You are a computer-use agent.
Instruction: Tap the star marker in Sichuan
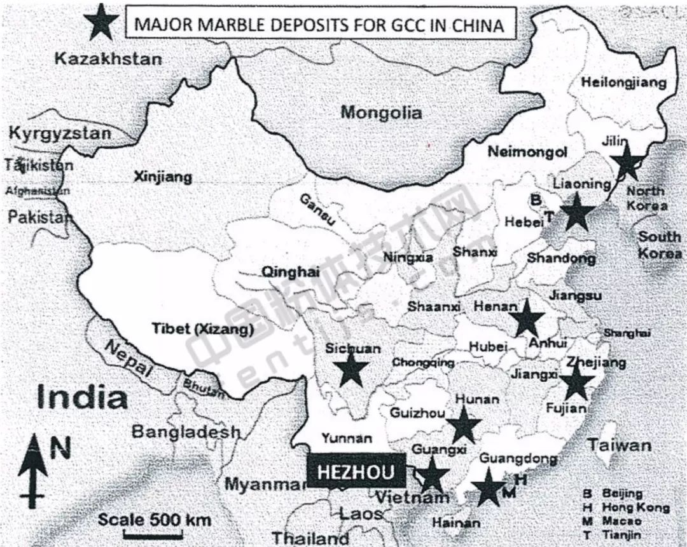pyautogui.click(x=350, y=369)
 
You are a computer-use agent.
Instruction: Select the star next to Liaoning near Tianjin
pyautogui.click(x=576, y=212)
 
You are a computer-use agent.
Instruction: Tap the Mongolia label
pyautogui.click(x=381, y=113)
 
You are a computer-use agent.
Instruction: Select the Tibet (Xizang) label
pyautogui.click(x=203, y=329)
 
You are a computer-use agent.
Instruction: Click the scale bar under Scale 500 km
pyautogui.click(x=144, y=536)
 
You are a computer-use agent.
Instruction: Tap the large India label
pyautogui.click(x=82, y=398)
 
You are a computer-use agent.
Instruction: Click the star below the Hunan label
pyautogui.click(x=464, y=425)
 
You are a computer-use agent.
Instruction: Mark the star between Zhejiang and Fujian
pyautogui.click(x=576, y=382)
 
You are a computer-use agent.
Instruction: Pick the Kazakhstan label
pyautogui.click(x=108, y=60)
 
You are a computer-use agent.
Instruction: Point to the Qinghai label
pyautogui.click(x=290, y=272)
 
